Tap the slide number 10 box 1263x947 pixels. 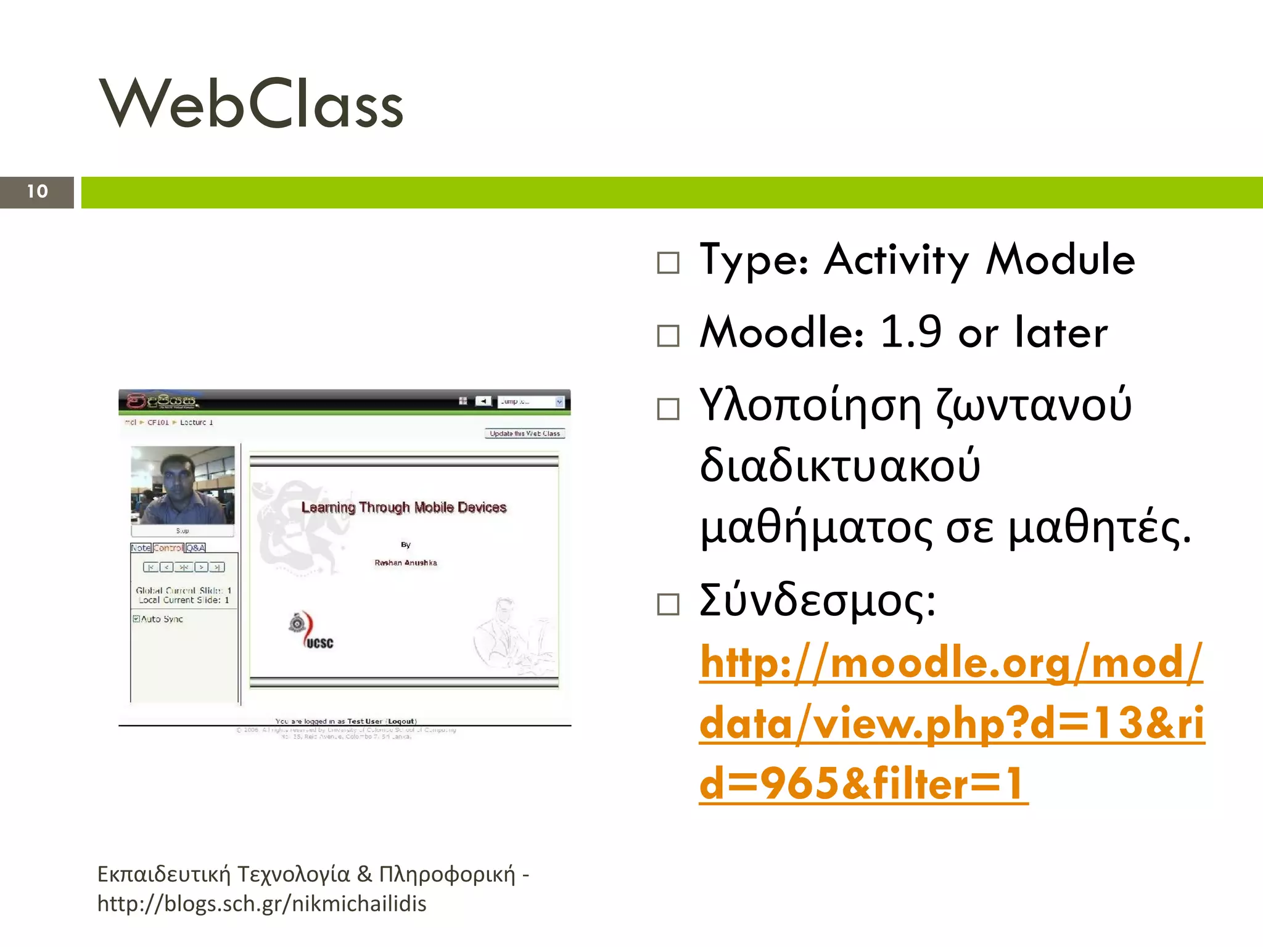point(37,192)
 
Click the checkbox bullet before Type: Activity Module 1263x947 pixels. point(668,263)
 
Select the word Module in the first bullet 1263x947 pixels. point(1060,260)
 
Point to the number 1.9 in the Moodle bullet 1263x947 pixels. point(910,332)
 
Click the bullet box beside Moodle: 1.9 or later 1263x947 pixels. point(668,336)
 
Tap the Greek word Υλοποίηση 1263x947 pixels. point(810,406)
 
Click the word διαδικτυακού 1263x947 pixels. point(840,466)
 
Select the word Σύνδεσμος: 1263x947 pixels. point(818,600)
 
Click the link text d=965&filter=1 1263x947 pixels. point(863,784)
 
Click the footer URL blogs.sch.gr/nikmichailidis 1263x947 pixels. point(262,904)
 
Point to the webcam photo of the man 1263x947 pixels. point(183,485)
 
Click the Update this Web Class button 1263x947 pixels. point(525,433)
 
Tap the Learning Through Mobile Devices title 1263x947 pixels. point(404,507)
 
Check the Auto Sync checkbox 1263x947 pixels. point(136,618)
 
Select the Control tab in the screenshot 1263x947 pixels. point(168,547)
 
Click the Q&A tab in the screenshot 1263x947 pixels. point(195,547)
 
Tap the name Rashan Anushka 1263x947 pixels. point(406,562)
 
